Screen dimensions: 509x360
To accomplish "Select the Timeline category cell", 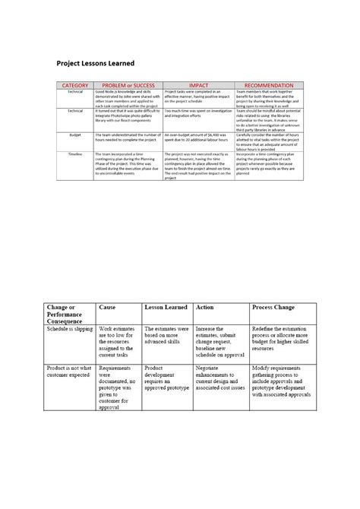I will click(75, 153).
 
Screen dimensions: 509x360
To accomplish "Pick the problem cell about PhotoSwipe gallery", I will click(127, 116).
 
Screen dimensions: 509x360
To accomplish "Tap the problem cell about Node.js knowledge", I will click(127, 98).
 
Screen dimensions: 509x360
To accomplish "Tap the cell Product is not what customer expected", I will click(69, 371).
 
